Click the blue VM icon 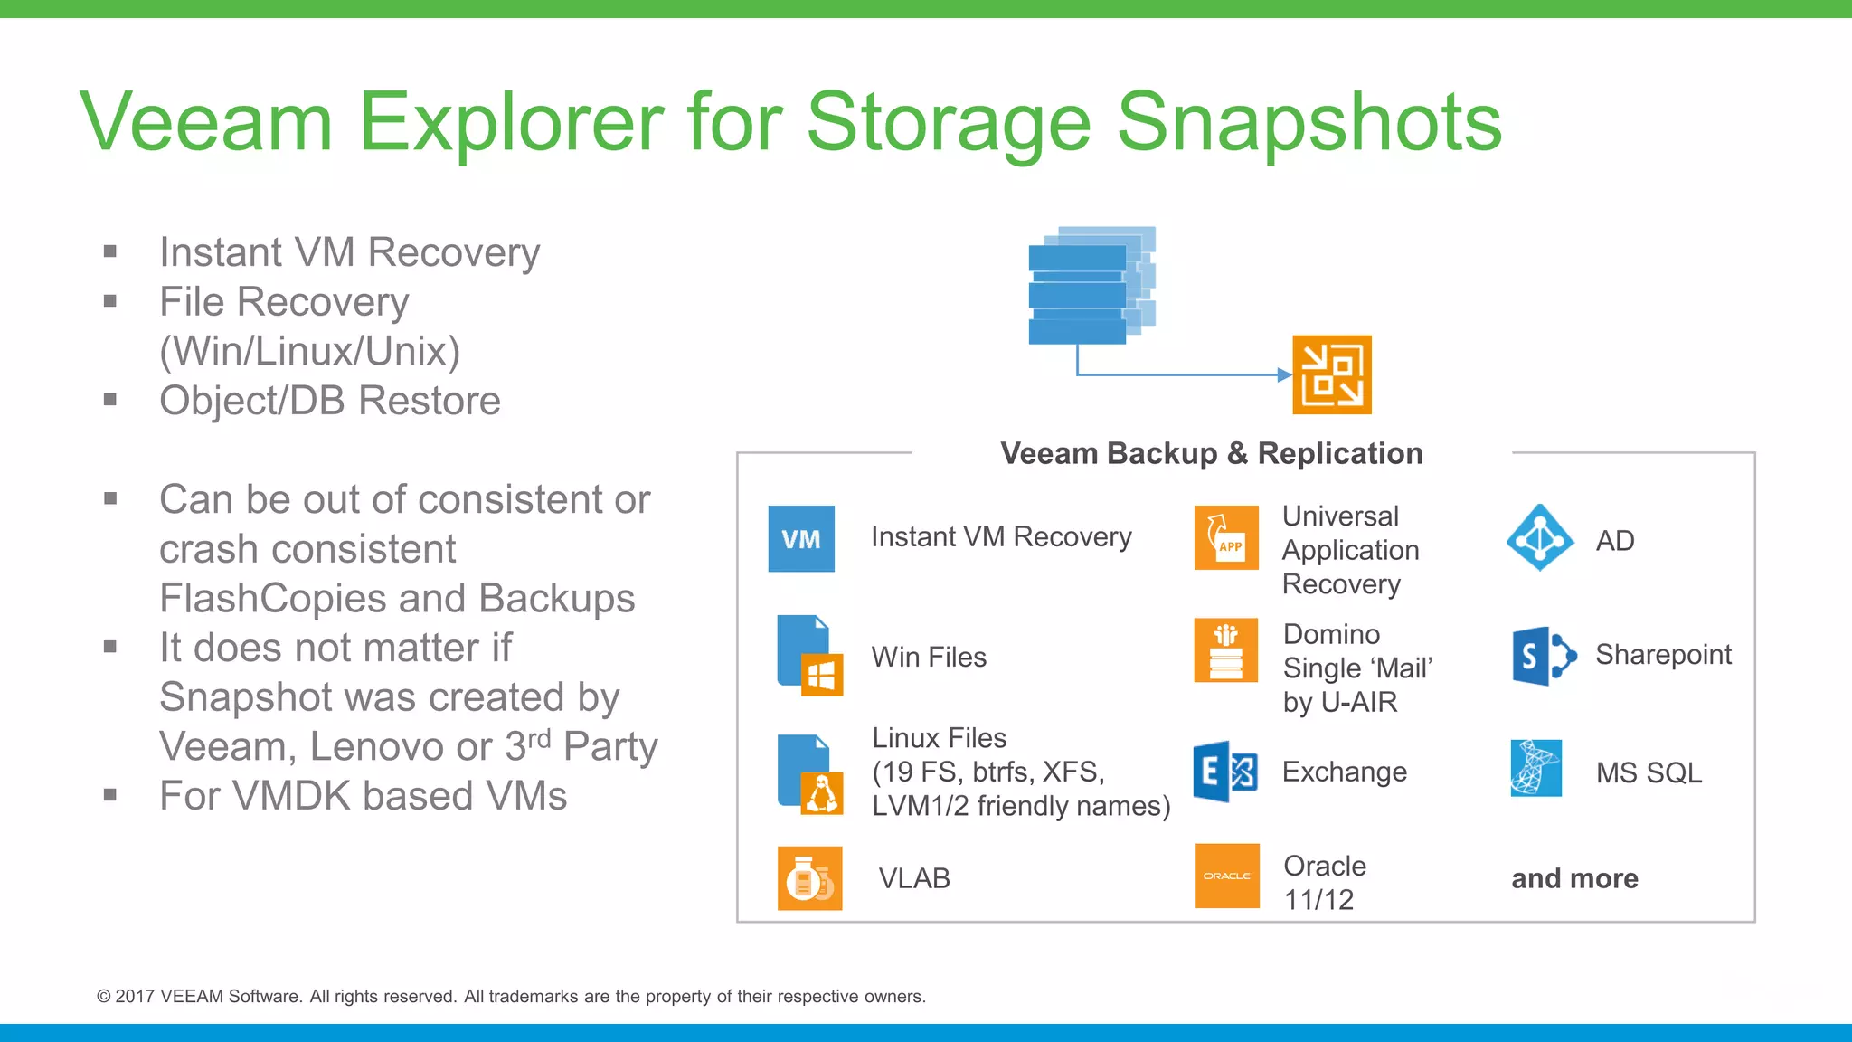coord(801,539)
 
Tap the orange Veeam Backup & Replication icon coord(1331,375)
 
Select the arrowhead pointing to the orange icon coord(1284,374)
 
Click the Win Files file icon coord(809,656)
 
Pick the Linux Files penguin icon coord(821,793)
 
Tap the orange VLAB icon coord(809,878)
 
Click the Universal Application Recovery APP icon coord(1226,538)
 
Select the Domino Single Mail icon coord(1225,650)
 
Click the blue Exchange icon coord(1225,772)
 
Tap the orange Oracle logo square coord(1227,876)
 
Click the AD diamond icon coord(1540,538)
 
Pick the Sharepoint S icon coord(1543,656)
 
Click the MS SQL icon coord(1535,769)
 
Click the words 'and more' coord(1574,878)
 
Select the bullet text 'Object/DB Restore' coord(330,401)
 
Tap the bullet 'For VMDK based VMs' coord(363,796)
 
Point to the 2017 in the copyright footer coord(136,997)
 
